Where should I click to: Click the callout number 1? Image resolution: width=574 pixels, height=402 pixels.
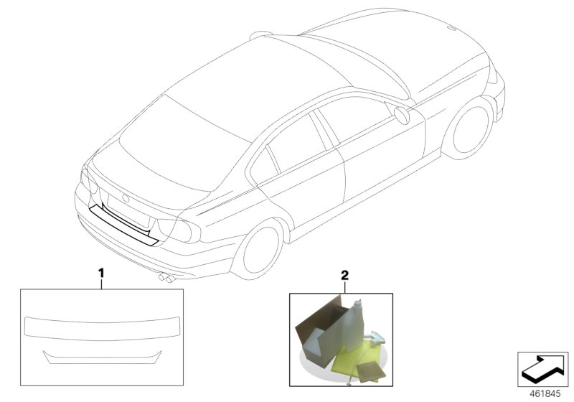(x=102, y=273)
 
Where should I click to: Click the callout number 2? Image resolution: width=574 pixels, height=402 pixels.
(x=345, y=275)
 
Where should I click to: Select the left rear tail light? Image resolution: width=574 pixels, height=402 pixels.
(x=86, y=179)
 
